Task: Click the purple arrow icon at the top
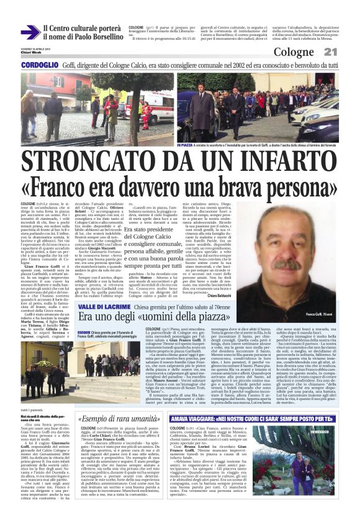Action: [x=30, y=32]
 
